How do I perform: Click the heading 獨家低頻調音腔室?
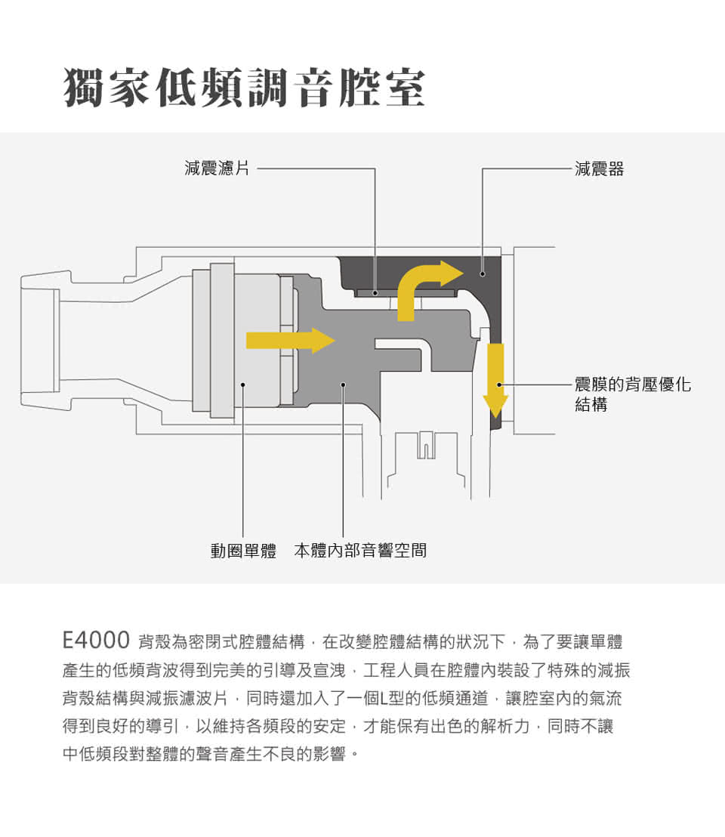click(245, 88)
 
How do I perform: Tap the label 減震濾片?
click(217, 168)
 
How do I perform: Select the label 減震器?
click(599, 168)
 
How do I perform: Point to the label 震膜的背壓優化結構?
click(632, 394)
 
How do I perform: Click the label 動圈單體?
click(243, 551)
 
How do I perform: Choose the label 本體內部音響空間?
click(360, 551)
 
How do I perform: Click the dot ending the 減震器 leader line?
click(483, 274)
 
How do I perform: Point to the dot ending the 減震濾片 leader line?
click(375, 293)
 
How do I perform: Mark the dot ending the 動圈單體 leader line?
click(242, 385)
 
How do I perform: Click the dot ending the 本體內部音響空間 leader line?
click(343, 385)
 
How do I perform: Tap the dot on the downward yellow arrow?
click(499, 385)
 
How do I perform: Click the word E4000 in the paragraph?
click(96, 640)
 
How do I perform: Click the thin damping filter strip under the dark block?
click(406, 293)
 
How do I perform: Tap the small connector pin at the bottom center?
click(426, 445)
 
